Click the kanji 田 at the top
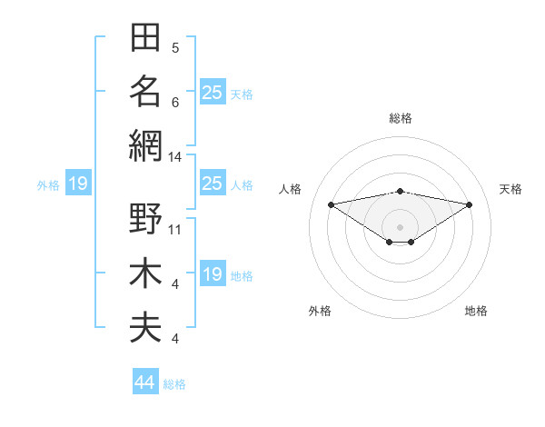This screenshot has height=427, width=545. click(x=145, y=37)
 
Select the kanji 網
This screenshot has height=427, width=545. click(x=145, y=146)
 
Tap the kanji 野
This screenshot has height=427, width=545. click(x=145, y=218)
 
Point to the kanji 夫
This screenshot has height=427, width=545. click(x=145, y=328)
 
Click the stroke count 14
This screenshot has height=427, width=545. click(x=174, y=157)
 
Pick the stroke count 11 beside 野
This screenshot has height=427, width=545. click(x=174, y=230)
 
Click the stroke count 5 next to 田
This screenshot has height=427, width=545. click(x=175, y=48)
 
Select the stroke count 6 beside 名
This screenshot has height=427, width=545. click(x=175, y=103)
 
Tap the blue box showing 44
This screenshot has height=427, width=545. click(x=145, y=381)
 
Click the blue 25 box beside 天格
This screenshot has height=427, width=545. click(x=213, y=92)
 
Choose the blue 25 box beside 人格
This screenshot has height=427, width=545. click(x=213, y=183)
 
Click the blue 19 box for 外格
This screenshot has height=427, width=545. click(x=78, y=183)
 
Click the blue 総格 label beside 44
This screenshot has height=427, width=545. click(x=174, y=384)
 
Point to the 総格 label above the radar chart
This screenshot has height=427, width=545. click(x=401, y=118)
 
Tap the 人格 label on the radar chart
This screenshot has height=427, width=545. click(x=290, y=189)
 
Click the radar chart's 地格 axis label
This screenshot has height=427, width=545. click(x=476, y=311)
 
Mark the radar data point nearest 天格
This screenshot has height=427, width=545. click(x=470, y=204)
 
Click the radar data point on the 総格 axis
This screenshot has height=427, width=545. click(x=401, y=192)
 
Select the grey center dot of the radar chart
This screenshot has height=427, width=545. click(x=400, y=227)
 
